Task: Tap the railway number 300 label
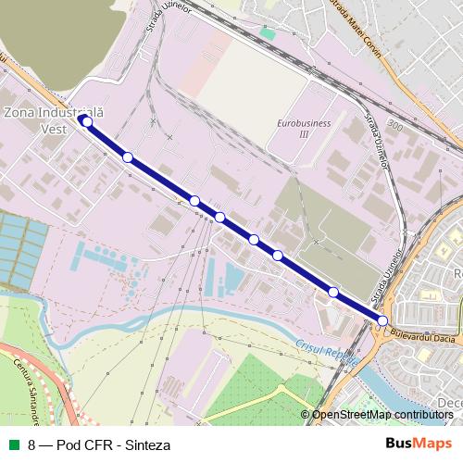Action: pyautogui.click(x=396, y=123)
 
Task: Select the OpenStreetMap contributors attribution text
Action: pyautogui.click(x=382, y=415)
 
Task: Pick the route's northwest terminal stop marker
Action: pyautogui.click(x=87, y=121)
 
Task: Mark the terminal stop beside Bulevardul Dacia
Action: pyautogui.click(x=382, y=321)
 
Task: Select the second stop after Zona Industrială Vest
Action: pyautogui.click(x=194, y=201)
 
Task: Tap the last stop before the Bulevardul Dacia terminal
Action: pyautogui.click(x=333, y=293)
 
